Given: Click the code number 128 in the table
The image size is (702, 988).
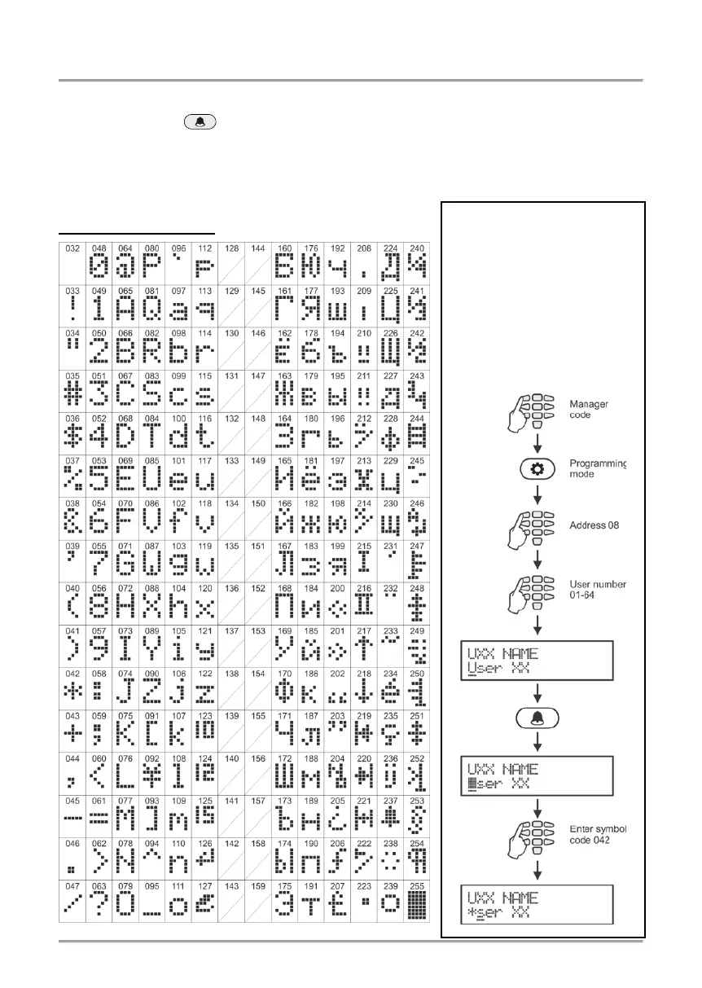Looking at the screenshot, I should (x=230, y=247).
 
